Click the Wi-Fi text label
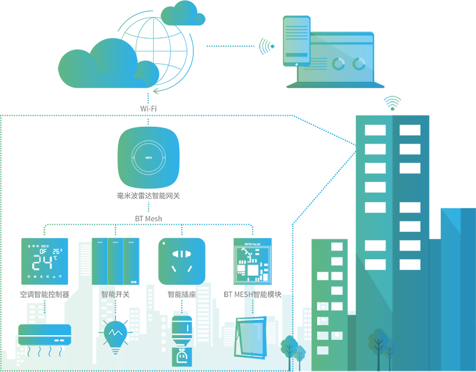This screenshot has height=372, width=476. [148, 109]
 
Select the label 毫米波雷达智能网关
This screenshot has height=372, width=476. [148, 196]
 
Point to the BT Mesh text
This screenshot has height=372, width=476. [148, 218]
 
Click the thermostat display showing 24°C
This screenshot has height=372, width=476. [47, 260]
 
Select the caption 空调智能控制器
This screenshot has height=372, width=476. [45, 294]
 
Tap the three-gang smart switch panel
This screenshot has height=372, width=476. [117, 260]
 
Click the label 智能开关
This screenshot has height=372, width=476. [116, 294]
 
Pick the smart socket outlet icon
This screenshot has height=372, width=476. [182, 260]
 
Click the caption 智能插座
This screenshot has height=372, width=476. [182, 294]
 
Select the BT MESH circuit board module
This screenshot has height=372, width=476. [252, 260]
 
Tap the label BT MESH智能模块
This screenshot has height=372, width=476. [252, 294]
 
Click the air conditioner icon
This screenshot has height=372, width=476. [45, 335]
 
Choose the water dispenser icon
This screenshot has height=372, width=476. [182, 342]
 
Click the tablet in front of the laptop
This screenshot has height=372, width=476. [297, 40]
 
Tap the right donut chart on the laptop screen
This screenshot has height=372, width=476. [359, 64]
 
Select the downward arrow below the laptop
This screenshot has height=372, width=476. [392, 103]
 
